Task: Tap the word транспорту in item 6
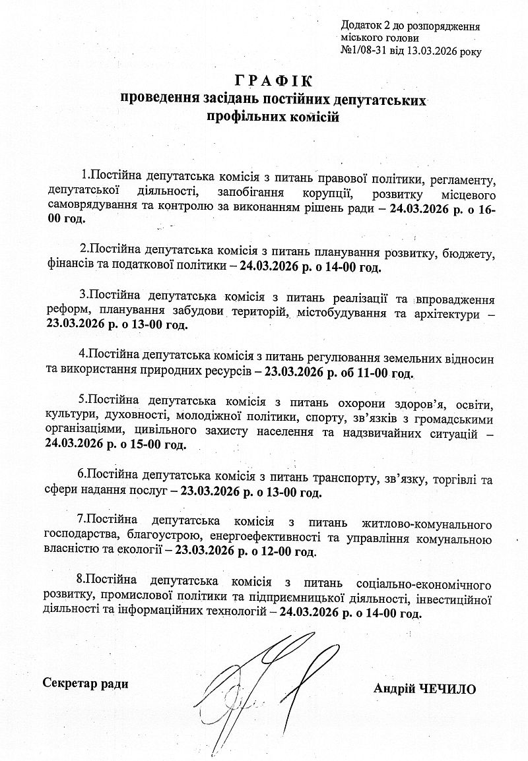[332, 477]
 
